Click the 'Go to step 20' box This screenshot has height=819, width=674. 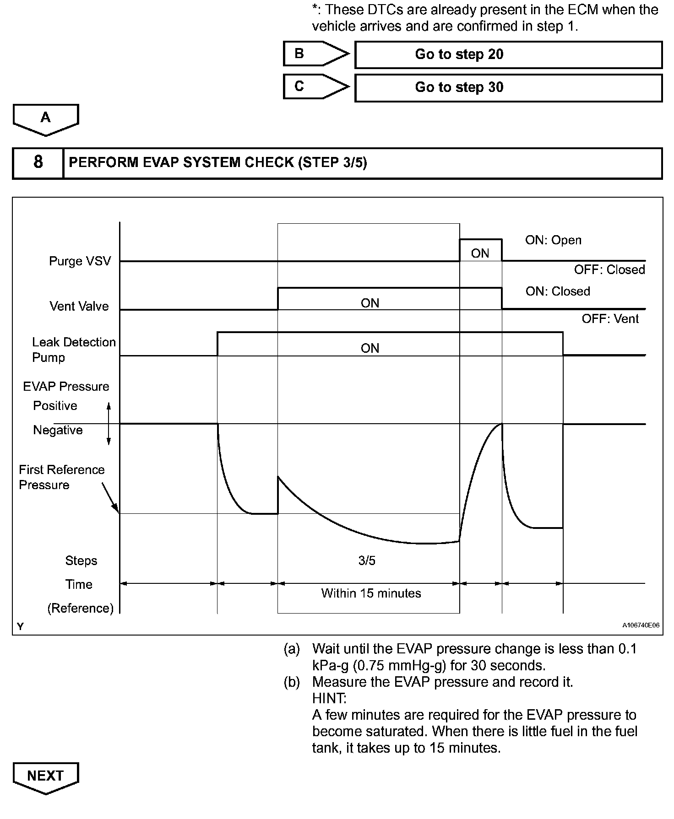[508, 54]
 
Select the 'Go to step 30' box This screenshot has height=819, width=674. [508, 87]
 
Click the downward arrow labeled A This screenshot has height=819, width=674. [46, 119]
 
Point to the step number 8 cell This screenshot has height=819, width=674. [38, 162]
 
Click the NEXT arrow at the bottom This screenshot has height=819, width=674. [45, 776]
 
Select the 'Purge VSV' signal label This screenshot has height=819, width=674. [80, 261]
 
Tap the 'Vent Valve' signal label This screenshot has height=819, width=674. [79, 306]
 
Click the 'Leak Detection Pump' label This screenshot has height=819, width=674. [73, 350]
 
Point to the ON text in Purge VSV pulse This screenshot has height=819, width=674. [480, 253]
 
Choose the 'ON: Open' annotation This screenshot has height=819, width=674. [553, 240]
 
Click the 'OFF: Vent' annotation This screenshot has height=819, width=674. [610, 318]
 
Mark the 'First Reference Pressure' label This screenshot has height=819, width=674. [61, 477]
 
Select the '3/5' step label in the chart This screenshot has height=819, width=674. [367, 560]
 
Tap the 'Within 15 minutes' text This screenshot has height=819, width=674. [371, 593]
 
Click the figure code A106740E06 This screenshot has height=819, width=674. [641, 625]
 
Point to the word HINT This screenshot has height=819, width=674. [329, 698]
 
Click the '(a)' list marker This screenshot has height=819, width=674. [292, 649]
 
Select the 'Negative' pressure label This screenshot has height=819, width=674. [58, 430]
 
